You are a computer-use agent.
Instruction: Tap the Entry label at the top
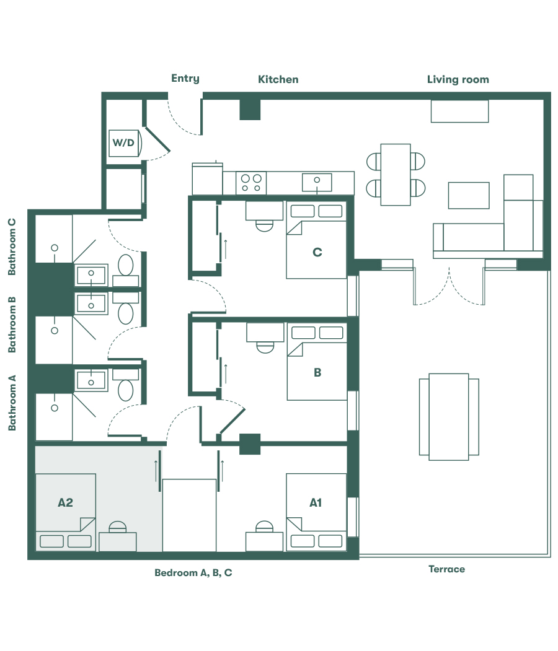point(185,78)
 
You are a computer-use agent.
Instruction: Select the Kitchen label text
point(278,79)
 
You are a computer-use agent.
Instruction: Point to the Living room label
point(458,79)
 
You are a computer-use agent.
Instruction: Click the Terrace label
point(446,569)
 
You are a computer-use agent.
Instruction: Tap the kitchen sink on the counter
point(317,182)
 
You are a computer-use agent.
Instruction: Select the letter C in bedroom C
point(317,252)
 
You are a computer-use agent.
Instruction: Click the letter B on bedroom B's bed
point(317,372)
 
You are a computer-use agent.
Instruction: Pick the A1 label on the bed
point(316,502)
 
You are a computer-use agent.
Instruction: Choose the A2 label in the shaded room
point(65,502)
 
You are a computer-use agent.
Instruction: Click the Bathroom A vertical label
point(12,403)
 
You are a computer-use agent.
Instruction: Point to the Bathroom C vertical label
point(12,247)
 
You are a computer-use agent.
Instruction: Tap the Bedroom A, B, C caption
point(193,573)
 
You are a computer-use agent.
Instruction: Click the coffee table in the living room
point(469,195)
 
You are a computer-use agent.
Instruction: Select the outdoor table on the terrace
point(449,416)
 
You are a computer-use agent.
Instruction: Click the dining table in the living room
point(396,174)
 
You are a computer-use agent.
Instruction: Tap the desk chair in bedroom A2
point(117,527)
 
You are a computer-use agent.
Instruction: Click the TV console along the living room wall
point(459,111)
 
